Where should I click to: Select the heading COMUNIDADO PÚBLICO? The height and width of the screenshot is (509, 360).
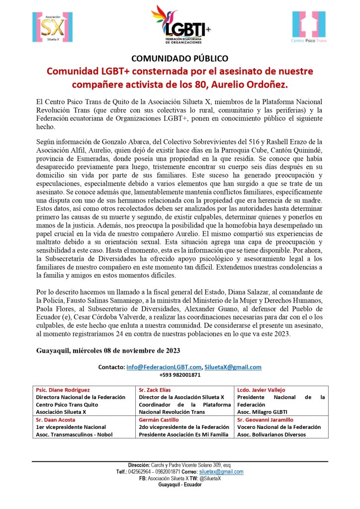[x=180, y=59]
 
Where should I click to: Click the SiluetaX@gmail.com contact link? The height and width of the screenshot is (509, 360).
[x=233, y=367]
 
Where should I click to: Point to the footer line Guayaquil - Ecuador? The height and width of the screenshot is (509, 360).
[x=180, y=484]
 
